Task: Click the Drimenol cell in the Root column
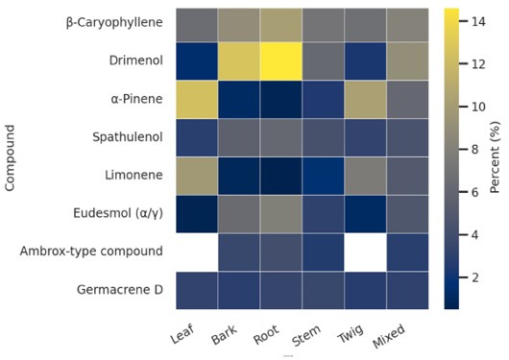pos(281,61)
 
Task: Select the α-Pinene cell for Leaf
pos(197,99)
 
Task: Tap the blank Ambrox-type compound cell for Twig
pos(365,252)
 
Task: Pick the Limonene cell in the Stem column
pos(323,176)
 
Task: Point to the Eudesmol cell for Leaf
pos(197,214)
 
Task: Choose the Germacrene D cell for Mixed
pos(407,291)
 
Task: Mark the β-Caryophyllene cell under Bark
pos(239,25)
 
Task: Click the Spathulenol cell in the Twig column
pos(365,137)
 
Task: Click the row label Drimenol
pos(136,60)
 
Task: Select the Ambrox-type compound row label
pos(91,252)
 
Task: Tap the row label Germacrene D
pos(120,290)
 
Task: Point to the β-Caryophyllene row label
pos(114,23)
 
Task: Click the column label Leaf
pos(182,333)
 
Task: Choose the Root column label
pos(266,334)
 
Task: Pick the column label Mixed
pos(389,336)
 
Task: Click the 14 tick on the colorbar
pos(478,21)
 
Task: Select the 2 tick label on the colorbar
pos(475,277)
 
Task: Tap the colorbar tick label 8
pos(475,150)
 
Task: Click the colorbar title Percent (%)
pos(495,157)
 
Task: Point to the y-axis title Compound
pos(10,158)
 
